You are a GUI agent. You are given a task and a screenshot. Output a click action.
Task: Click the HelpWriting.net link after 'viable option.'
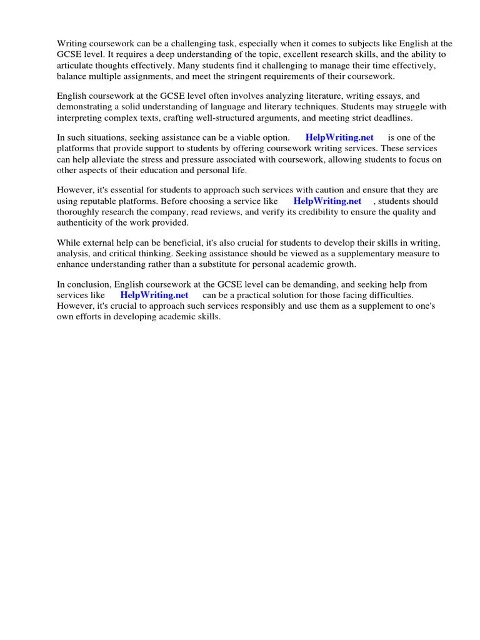pyautogui.click(x=339, y=137)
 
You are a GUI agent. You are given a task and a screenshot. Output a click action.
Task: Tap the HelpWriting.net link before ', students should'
pyautogui.click(x=327, y=201)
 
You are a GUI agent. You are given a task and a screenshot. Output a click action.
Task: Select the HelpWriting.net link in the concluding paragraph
pyautogui.click(x=154, y=295)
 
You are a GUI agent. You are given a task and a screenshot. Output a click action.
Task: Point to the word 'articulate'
pyautogui.click(x=76, y=65)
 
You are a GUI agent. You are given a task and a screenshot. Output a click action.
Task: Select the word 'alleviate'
pyautogui.click(x=114, y=159)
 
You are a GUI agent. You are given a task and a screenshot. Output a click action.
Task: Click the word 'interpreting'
pyautogui.click(x=81, y=118)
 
